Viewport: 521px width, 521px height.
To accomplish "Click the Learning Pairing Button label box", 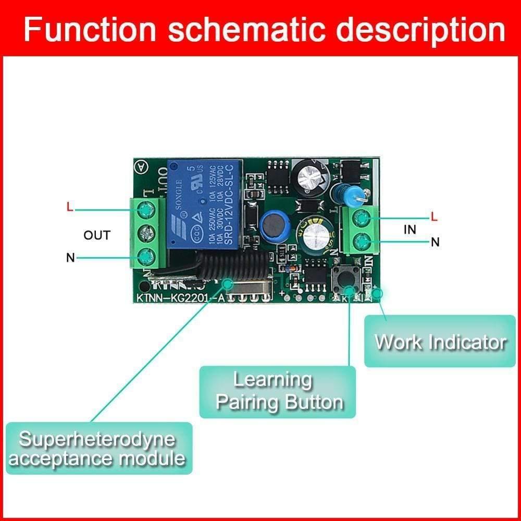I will point(278,392).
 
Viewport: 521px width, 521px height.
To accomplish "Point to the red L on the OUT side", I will point(70,207).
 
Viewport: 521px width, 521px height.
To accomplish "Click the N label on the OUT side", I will point(70,257).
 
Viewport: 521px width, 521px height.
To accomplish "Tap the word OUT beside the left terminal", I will point(97,235).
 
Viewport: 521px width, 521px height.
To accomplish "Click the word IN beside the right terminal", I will point(410,229).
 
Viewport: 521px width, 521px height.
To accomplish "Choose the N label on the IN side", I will point(435,242).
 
